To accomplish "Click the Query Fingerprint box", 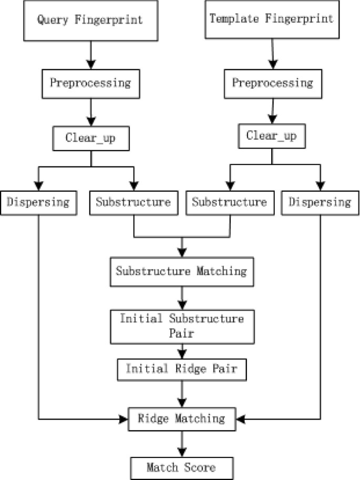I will click(x=90, y=22).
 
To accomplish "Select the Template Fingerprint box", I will click(x=271, y=19).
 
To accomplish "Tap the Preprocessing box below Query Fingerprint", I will click(x=90, y=82).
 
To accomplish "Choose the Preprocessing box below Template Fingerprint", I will click(x=272, y=83).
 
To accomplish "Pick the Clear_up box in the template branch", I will click(x=271, y=136).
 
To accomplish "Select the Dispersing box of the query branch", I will click(x=38, y=202).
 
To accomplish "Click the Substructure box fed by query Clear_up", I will click(x=133, y=202).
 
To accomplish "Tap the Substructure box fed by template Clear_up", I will click(x=229, y=202).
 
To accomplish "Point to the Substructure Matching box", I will click(x=181, y=272).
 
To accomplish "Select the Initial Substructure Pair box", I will click(x=181, y=326).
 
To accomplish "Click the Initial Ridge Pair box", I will click(x=181, y=369).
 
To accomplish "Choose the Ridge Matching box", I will click(x=181, y=419).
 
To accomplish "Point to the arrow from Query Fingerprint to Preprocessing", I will click(x=90, y=54).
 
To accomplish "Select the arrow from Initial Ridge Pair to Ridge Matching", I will click(x=181, y=393).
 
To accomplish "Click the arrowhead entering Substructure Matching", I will click(x=181, y=251).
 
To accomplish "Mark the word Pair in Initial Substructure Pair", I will click(x=181, y=333).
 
